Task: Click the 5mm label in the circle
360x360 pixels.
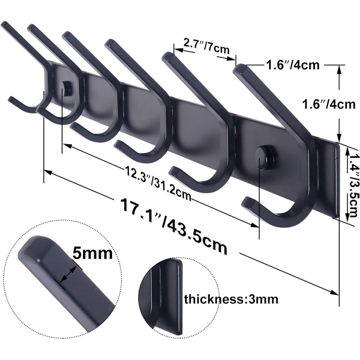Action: [x=92, y=254]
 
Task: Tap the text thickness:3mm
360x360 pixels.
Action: [x=231, y=299]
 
